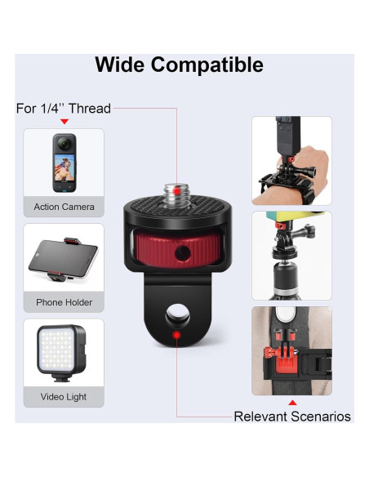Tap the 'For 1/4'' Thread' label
click(64, 108)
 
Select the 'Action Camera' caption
click(64, 207)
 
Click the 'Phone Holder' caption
click(64, 302)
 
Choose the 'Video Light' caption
click(64, 397)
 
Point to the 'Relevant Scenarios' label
click(292, 417)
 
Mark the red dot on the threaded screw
click(176, 184)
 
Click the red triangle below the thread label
click(64, 121)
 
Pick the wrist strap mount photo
click(291, 159)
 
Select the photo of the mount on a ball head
click(291, 255)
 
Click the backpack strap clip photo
click(291, 350)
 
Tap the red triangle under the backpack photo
click(291, 402)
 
